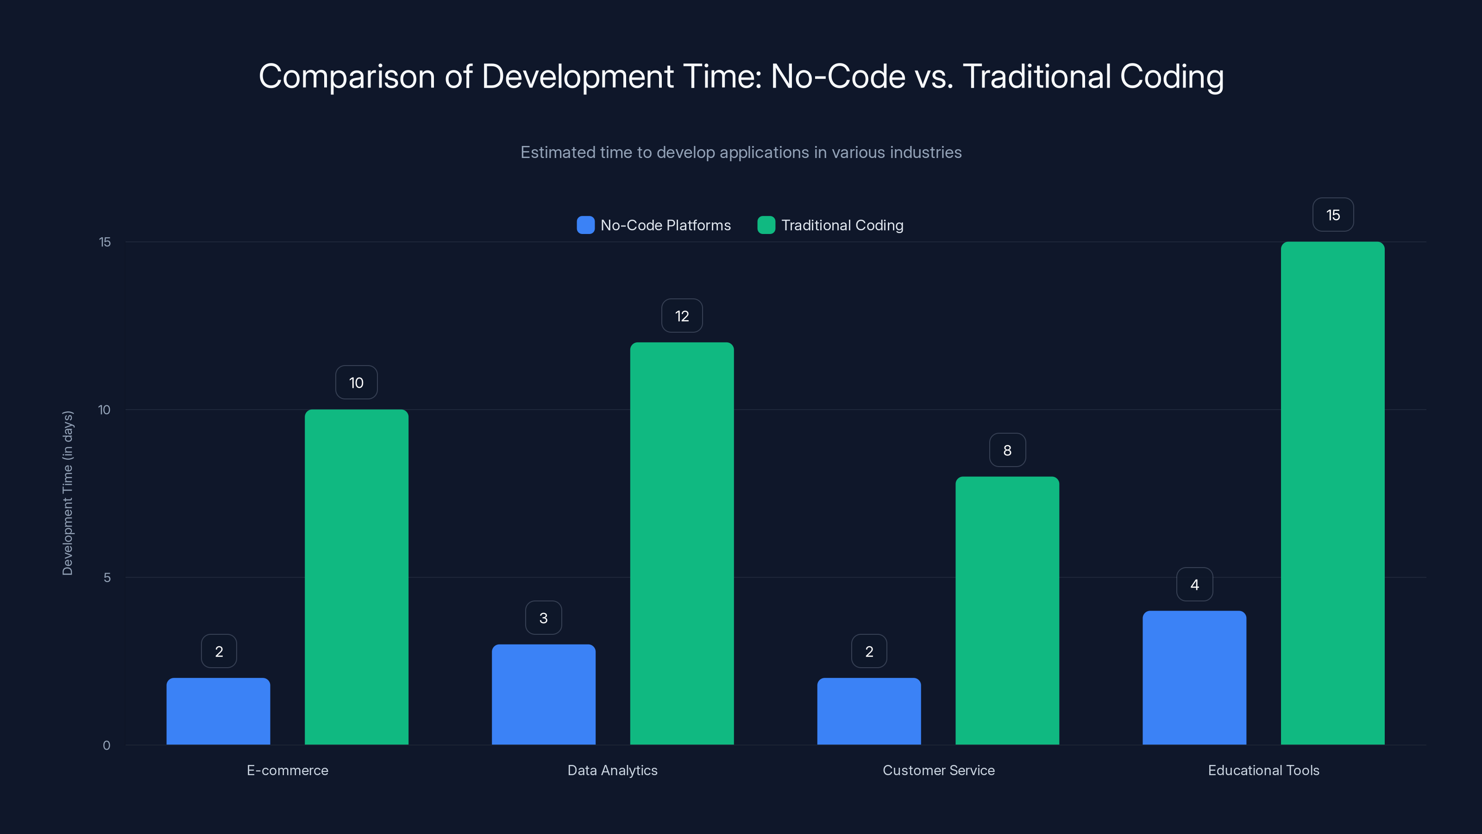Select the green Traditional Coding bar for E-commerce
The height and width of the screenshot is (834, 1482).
click(356, 577)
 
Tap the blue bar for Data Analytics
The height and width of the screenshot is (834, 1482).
click(543, 694)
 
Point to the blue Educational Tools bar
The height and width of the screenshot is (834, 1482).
click(1194, 677)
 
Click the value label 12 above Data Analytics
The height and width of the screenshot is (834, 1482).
click(682, 316)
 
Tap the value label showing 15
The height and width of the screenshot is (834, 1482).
click(1332, 215)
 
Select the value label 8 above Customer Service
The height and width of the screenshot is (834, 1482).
click(1007, 450)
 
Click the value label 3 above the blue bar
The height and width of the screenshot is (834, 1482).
click(543, 618)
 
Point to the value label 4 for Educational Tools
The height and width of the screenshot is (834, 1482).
click(1194, 584)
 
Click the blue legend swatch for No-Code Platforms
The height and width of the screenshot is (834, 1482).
click(585, 225)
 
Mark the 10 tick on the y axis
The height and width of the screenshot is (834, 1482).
click(104, 410)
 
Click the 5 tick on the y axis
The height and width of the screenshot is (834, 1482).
click(107, 577)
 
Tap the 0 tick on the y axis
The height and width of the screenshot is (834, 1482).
click(107, 746)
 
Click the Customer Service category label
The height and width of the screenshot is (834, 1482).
click(938, 770)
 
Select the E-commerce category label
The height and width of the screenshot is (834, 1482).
click(287, 770)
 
